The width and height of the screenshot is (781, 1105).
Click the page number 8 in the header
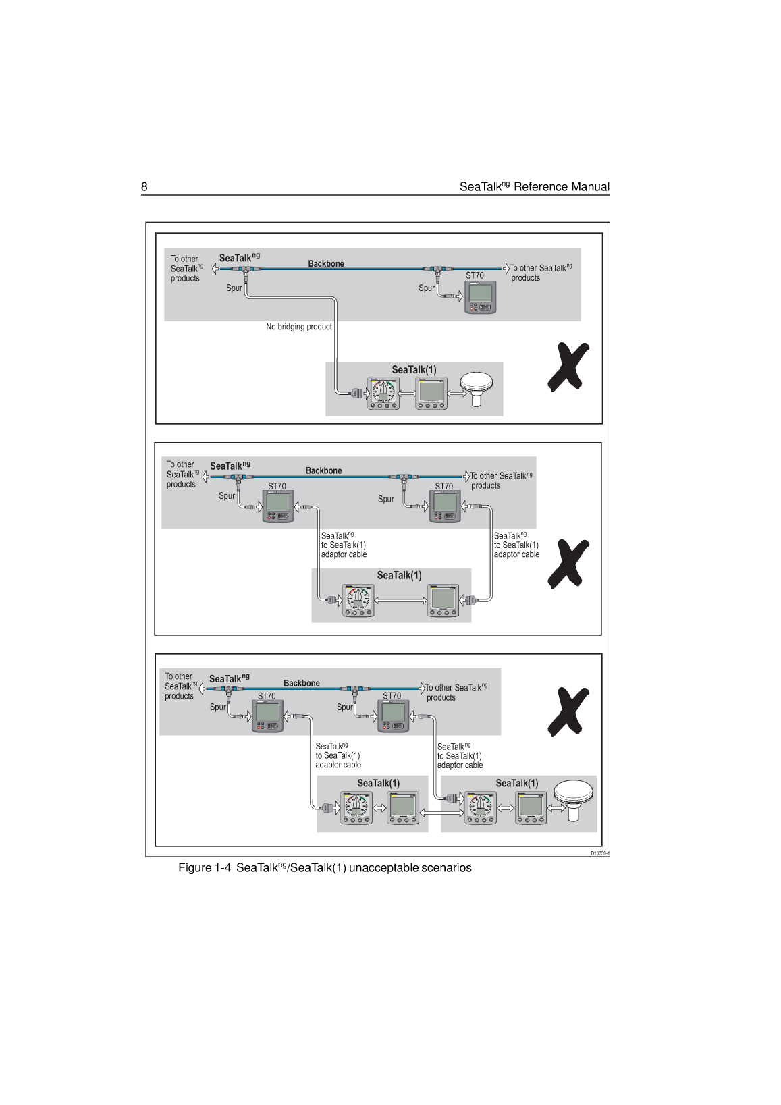tap(144, 187)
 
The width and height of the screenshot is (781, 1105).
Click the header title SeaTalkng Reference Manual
tap(534, 187)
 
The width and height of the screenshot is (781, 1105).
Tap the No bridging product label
tap(298, 327)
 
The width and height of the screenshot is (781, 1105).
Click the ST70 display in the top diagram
tap(480, 297)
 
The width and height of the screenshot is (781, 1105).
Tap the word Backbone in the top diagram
tap(326, 264)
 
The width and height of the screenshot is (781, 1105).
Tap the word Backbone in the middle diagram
tap(323, 470)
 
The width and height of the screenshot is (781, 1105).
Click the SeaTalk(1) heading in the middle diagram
tap(399, 575)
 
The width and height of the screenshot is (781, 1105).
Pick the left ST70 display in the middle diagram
tap(278, 507)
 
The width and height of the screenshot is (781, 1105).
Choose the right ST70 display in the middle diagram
tap(445, 507)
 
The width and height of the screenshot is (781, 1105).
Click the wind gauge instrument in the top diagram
tap(383, 394)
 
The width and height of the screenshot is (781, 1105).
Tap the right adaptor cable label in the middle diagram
tap(516, 545)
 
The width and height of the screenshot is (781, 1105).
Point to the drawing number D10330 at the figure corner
tap(599, 853)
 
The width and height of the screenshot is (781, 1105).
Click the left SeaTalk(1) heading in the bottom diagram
tap(378, 783)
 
